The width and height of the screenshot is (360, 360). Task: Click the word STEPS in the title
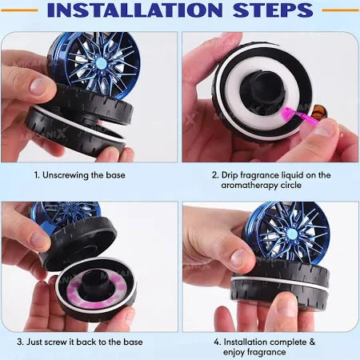coord(269,10)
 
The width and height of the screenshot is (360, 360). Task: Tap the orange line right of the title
coord(337,10)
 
